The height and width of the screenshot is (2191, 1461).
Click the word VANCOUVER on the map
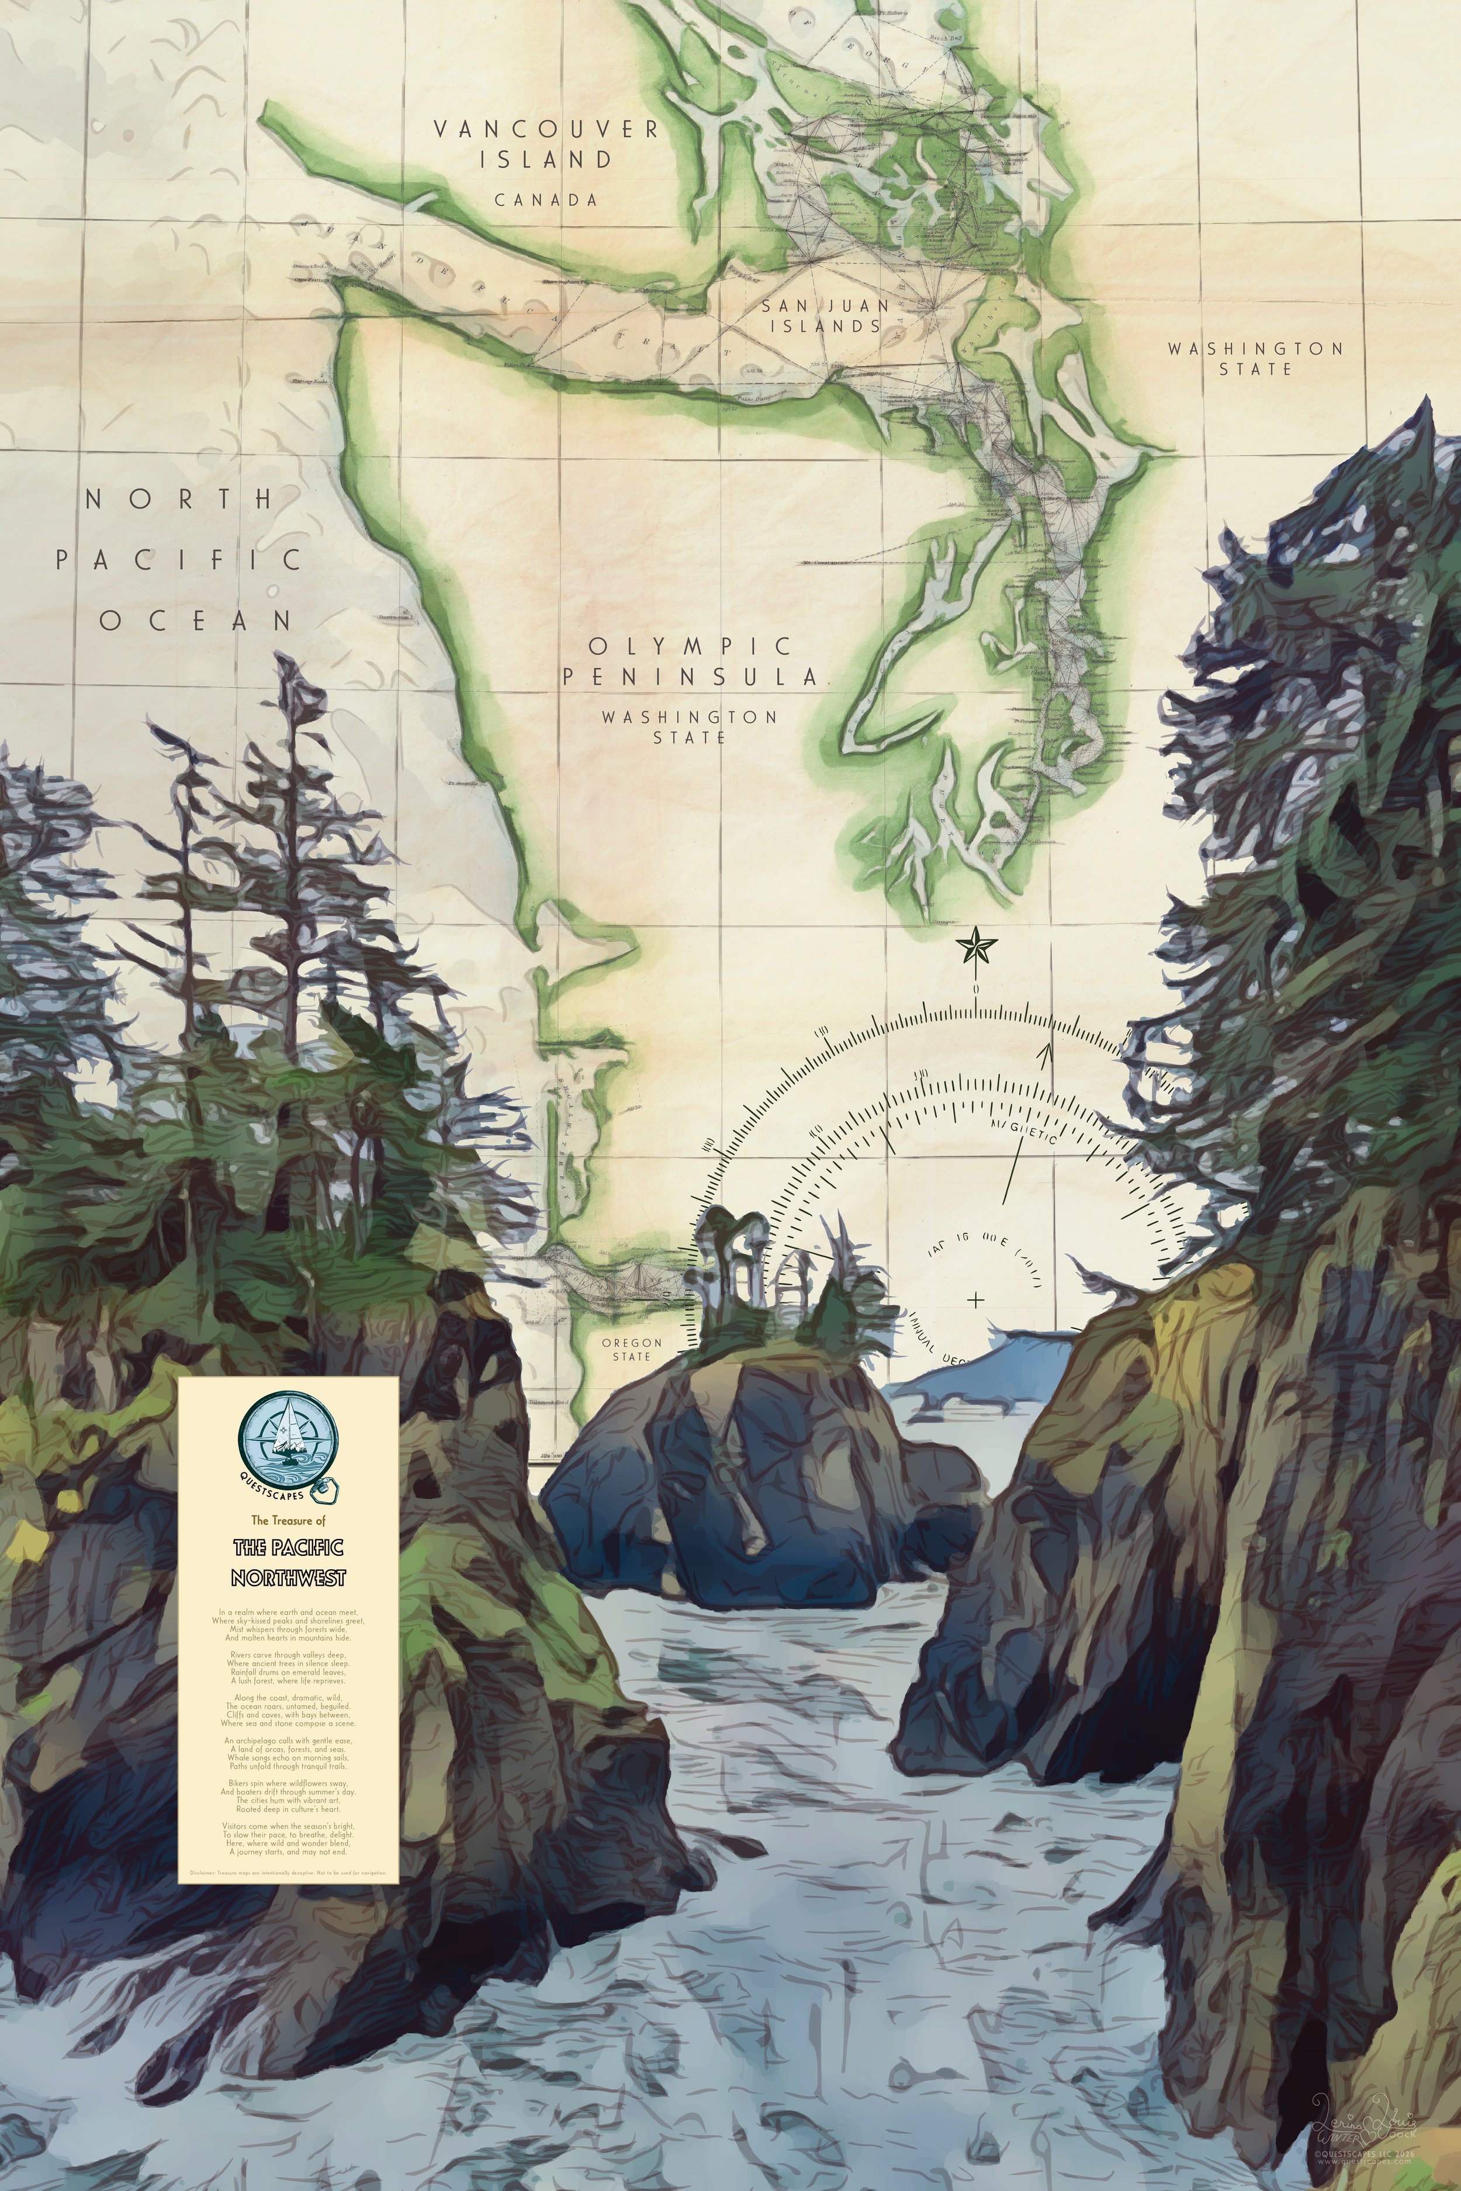click(x=546, y=130)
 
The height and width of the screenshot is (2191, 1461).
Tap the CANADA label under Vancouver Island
click(x=546, y=199)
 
